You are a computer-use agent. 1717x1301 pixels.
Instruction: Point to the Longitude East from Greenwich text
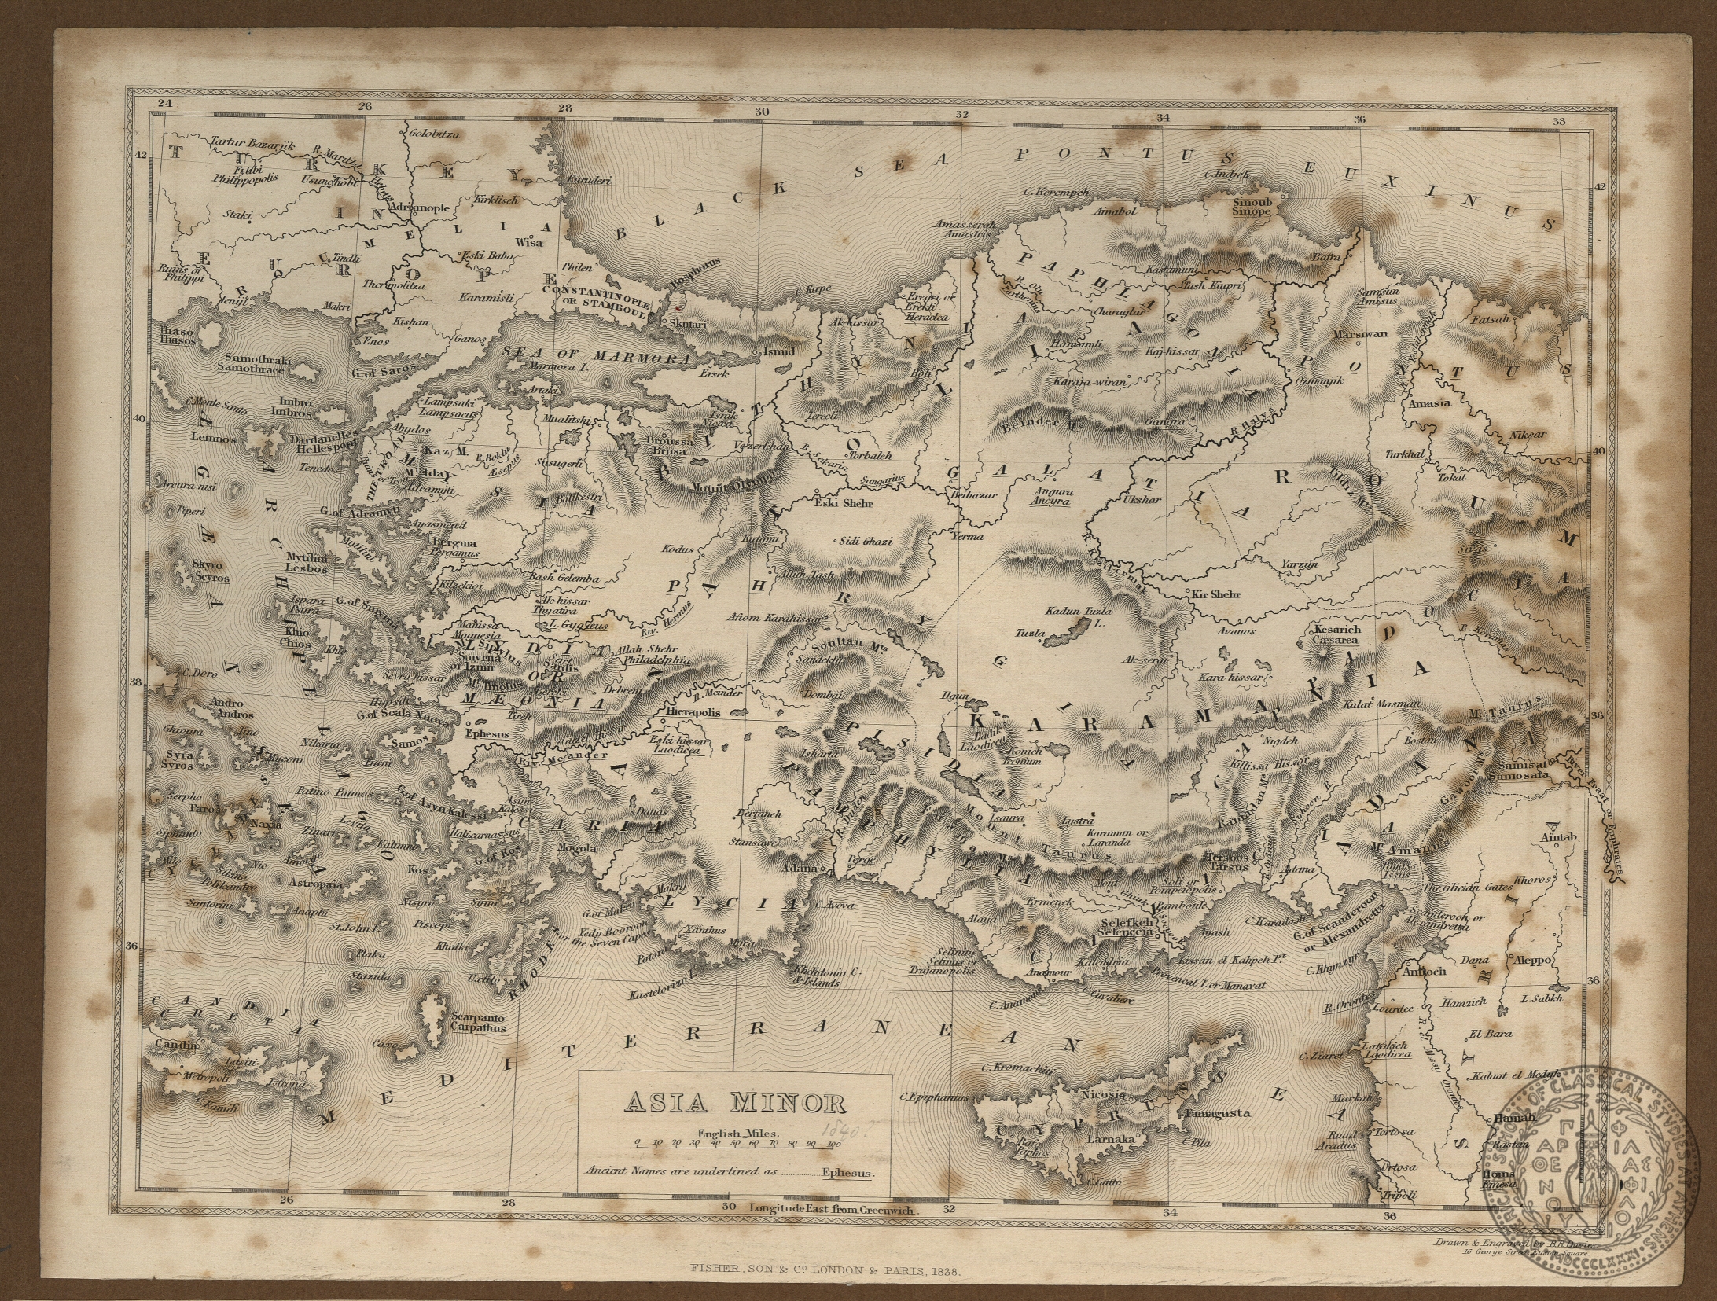833,1211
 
